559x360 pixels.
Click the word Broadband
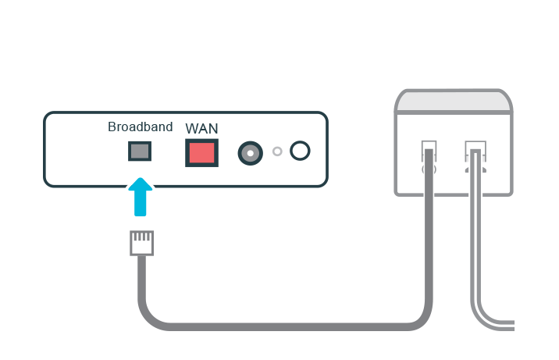141,127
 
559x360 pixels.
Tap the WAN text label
201,128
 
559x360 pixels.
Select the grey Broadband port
140,151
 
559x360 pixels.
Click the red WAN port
201,151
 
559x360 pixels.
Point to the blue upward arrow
140,196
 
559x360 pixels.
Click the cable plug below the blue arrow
141,243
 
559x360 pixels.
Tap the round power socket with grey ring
250,152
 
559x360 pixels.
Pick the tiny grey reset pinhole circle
277,151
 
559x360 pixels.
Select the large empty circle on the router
300,151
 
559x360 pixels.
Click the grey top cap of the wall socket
454,102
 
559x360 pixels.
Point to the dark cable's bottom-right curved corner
422,318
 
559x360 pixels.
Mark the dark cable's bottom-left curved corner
149,315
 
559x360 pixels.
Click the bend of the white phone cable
479,315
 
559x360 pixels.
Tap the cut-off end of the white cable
512,323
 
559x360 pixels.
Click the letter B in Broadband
112,127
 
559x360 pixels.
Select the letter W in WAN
191,128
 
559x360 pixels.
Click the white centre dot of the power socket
250,152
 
